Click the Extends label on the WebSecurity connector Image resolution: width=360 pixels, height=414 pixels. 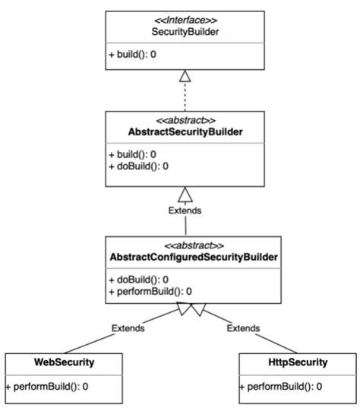(128, 328)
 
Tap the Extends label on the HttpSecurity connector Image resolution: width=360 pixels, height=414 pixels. (243, 328)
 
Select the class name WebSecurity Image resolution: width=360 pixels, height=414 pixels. (65, 362)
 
